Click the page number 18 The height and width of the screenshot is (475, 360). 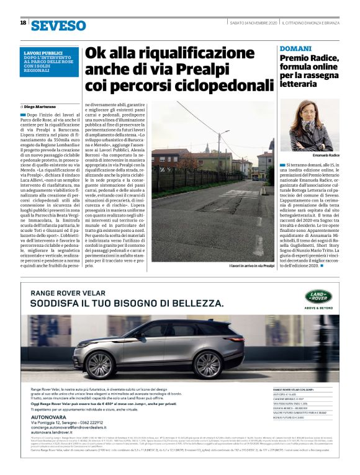pos(23,24)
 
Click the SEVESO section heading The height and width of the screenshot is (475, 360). pos(58,25)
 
